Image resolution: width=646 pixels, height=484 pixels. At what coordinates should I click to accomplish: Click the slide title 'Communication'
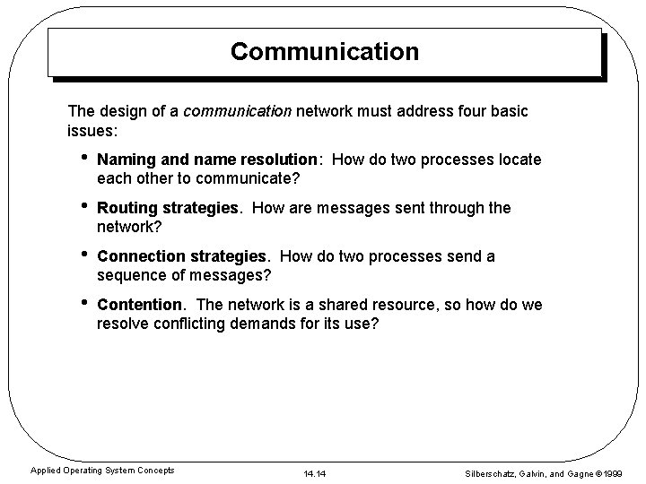[324, 52]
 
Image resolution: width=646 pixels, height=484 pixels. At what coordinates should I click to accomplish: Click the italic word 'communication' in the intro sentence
[237, 111]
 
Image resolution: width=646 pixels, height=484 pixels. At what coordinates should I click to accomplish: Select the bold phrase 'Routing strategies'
[169, 208]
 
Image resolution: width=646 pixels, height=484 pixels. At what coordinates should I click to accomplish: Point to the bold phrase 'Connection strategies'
[179, 256]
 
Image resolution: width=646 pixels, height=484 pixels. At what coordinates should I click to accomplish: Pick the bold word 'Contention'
[139, 305]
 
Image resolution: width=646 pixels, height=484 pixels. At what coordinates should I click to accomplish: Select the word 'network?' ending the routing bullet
[129, 226]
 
